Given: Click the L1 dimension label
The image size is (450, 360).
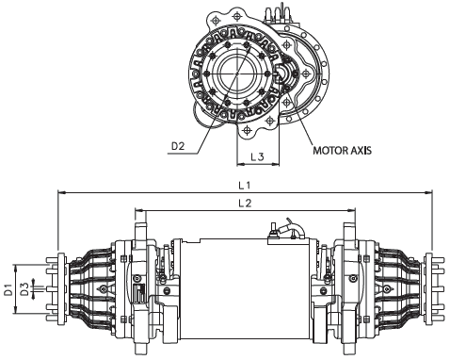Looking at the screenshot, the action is pos(244,186).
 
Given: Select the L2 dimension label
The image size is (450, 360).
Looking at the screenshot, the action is pos(245,204).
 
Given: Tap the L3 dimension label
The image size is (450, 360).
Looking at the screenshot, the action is pos(257,156).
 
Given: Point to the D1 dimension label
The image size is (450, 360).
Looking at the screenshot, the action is pos(8,289).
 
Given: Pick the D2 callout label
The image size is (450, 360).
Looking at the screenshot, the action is pos(178,146).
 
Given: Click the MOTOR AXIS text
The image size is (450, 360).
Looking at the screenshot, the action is pos(342,151).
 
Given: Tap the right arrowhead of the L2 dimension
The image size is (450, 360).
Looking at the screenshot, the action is pos(352,210).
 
